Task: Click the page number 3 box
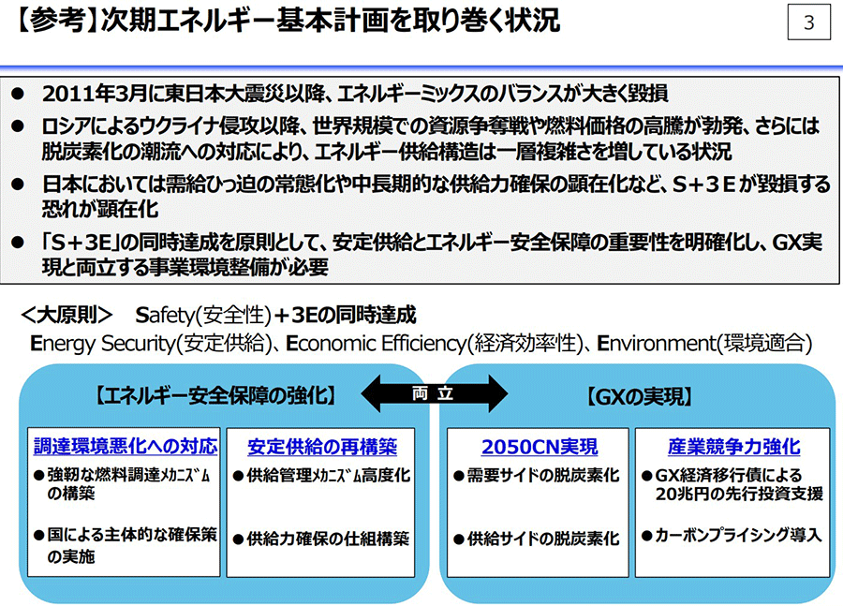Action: (808, 22)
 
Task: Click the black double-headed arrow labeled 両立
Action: (434, 393)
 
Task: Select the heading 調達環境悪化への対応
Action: (126, 446)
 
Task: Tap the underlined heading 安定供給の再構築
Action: (322, 447)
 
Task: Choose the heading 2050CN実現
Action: (540, 447)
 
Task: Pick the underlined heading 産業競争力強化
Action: (733, 447)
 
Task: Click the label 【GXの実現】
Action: (638, 397)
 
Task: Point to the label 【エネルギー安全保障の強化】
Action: (216, 396)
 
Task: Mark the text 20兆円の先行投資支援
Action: (739, 494)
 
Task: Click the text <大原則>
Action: (67, 315)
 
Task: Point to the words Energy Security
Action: (102, 344)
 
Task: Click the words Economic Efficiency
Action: (375, 344)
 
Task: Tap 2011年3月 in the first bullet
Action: (94, 94)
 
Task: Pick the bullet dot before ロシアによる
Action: (18, 126)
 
